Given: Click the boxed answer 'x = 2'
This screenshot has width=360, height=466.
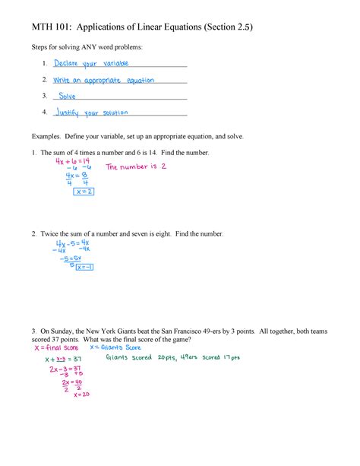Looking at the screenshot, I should coord(84,192).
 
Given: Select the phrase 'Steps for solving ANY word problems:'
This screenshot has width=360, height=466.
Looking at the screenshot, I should coord(86,47).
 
